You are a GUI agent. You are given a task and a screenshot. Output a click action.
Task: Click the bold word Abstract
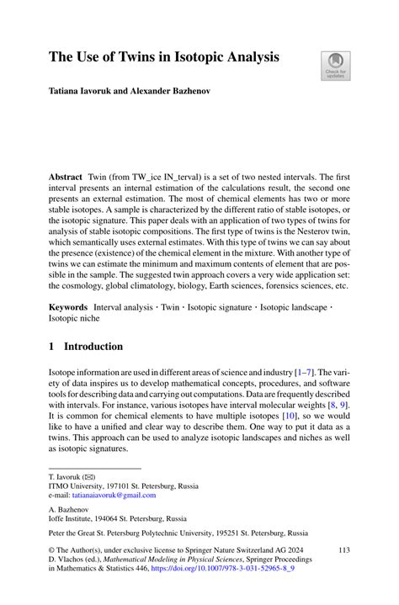pos(66,178)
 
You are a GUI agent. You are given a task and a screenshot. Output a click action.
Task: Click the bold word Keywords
pos(68,307)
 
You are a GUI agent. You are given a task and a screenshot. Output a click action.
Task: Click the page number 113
pos(343,549)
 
